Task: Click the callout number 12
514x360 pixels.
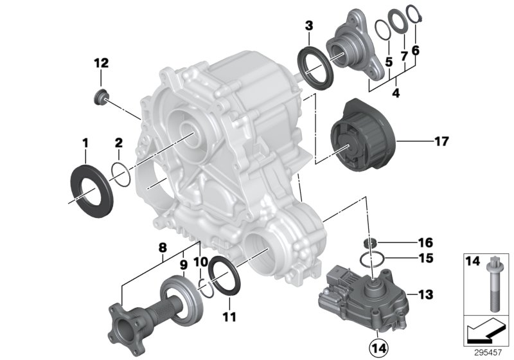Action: (101, 63)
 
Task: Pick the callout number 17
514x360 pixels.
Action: (423, 139)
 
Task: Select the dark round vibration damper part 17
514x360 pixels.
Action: (360, 134)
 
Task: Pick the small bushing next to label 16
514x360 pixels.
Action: (370, 244)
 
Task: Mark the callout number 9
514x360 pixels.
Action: (182, 264)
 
